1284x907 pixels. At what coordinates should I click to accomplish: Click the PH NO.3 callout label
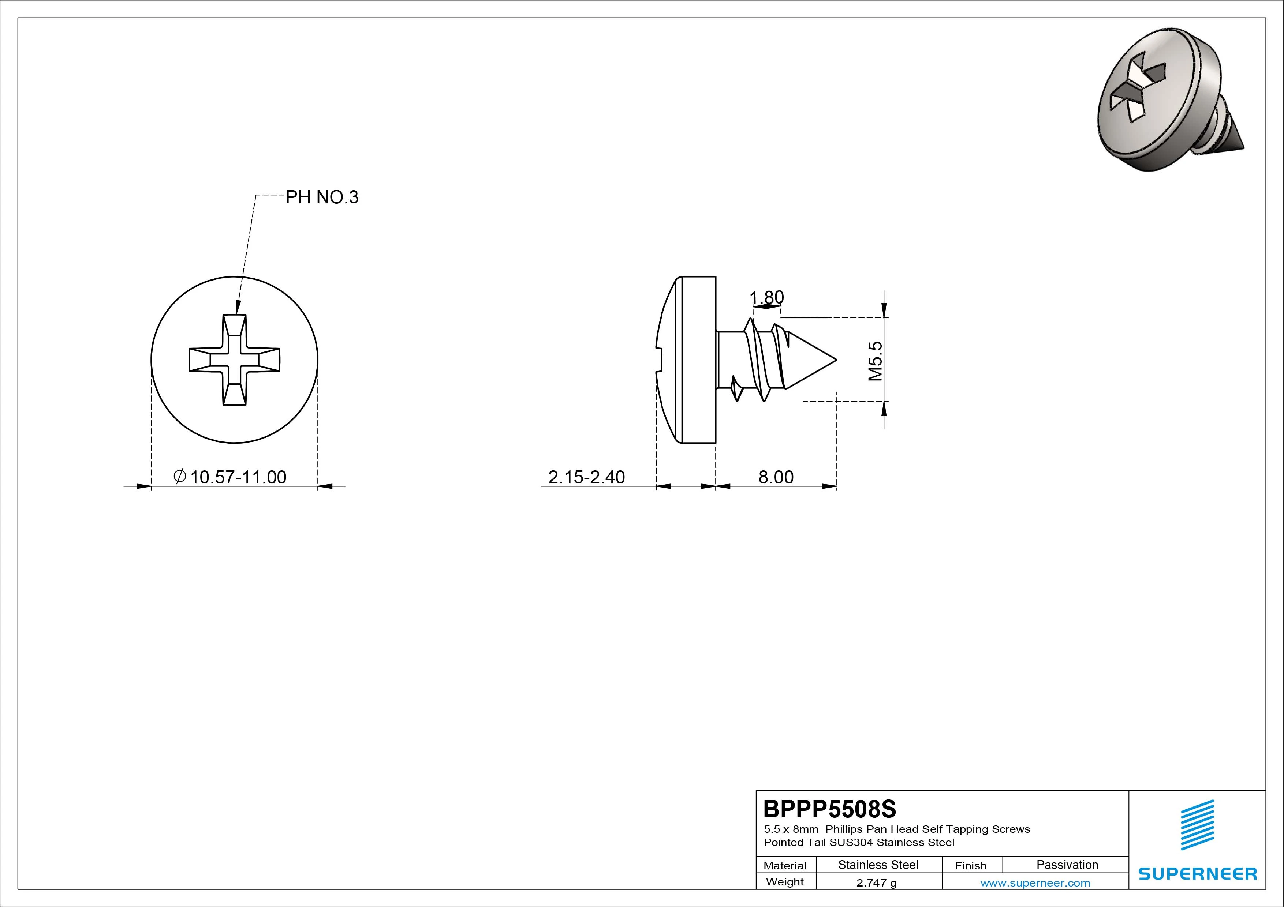pos(322,197)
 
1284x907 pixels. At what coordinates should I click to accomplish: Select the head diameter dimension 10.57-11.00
pos(238,477)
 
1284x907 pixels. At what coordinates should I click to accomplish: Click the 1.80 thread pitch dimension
pos(767,297)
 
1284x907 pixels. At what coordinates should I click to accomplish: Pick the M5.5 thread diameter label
pos(875,361)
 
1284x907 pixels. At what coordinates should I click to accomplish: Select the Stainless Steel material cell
pos(878,865)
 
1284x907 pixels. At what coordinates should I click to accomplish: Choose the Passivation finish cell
pos(1067,865)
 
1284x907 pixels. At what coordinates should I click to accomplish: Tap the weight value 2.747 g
pos(876,883)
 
